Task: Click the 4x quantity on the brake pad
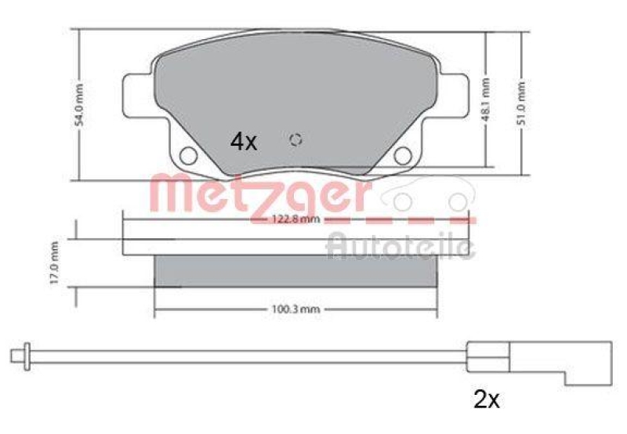tap(243, 142)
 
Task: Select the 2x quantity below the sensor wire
tap(487, 400)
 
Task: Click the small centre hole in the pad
tap(296, 140)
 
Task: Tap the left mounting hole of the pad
tap(188, 155)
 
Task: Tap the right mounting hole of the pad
tap(403, 155)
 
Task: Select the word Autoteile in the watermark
tap(400, 245)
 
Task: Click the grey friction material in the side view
tap(295, 271)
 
